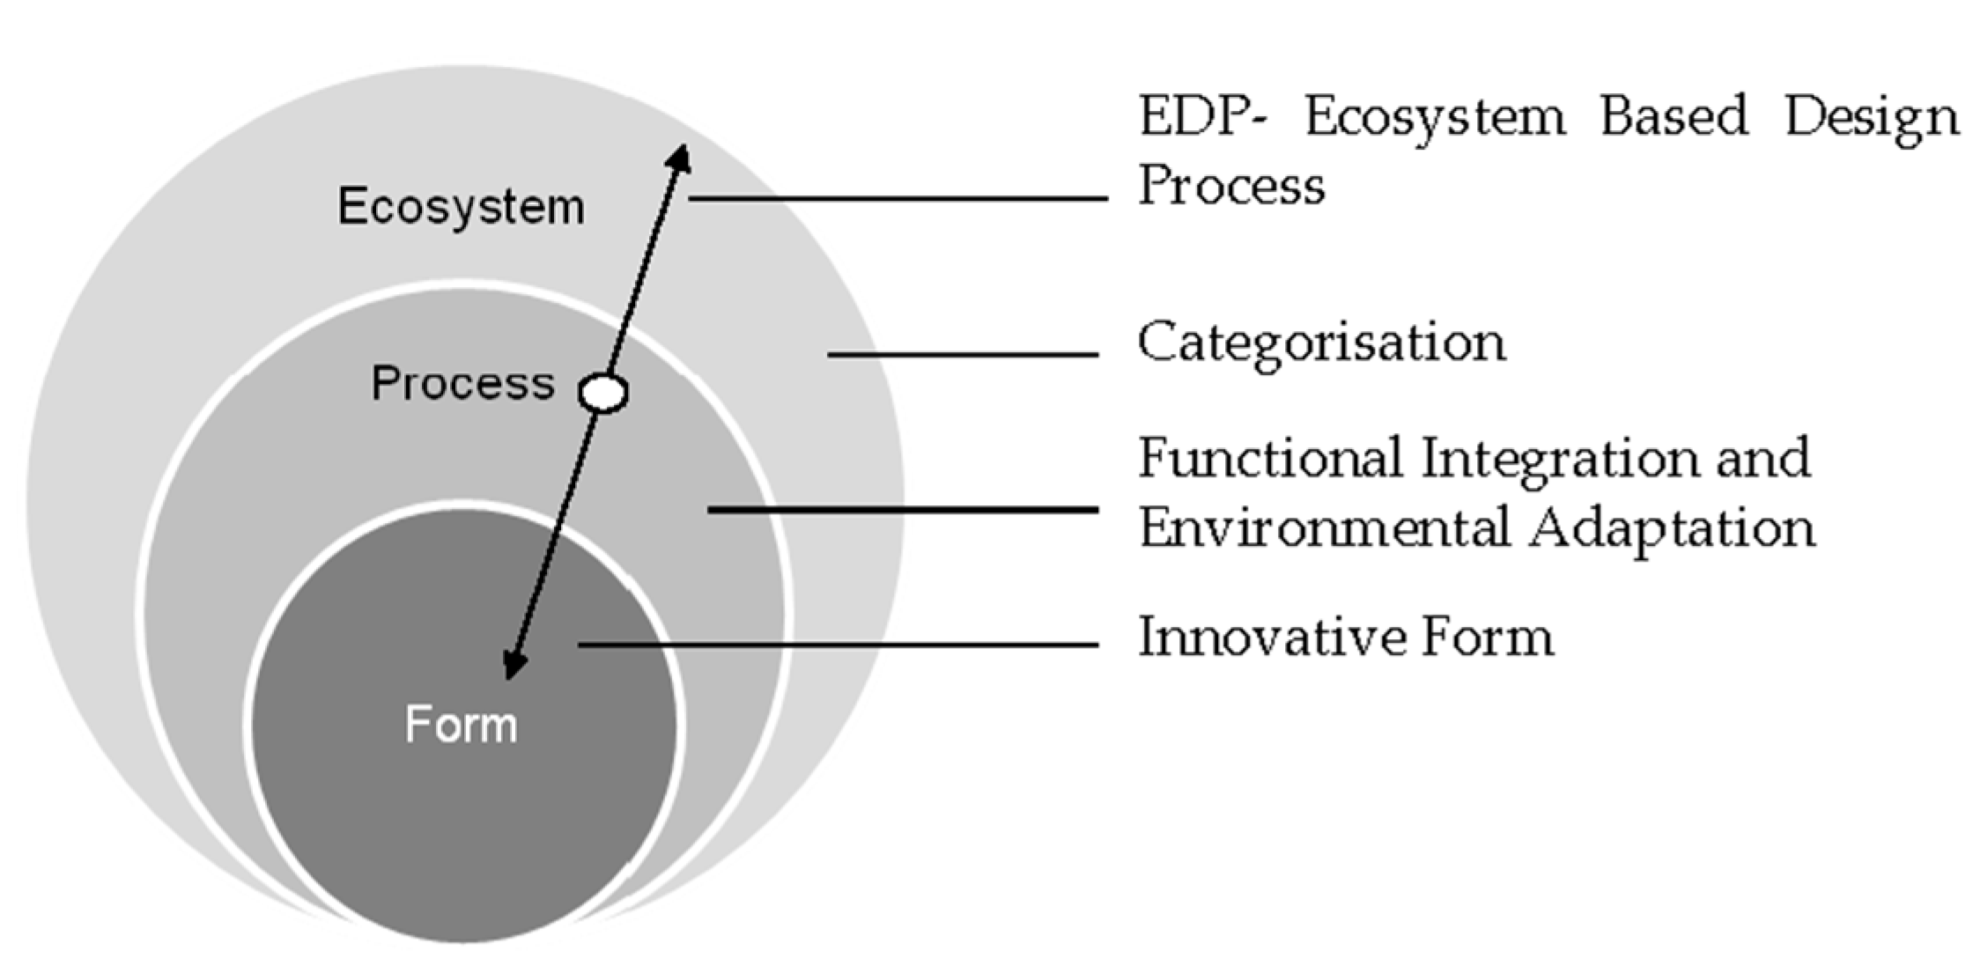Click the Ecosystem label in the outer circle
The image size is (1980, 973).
tap(461, 208)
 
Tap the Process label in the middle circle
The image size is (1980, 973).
tap(462, 384)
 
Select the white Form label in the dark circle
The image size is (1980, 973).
tap(461, 725)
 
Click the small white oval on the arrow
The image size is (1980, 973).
tap(603, 393)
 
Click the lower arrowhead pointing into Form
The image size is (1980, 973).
tap(513, 665)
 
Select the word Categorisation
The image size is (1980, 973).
tap(1321, 343)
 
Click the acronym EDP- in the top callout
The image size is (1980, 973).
tap(1201, 117)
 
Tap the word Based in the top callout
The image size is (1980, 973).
tap(1673, 117)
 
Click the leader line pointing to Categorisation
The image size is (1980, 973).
tap(962, 354)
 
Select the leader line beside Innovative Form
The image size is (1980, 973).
tap(837, 645)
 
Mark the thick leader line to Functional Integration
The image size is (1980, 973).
tap(903, 510)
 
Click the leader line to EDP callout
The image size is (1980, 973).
tap(898, 198)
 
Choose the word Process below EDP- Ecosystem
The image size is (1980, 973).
tap(1231, 187)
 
